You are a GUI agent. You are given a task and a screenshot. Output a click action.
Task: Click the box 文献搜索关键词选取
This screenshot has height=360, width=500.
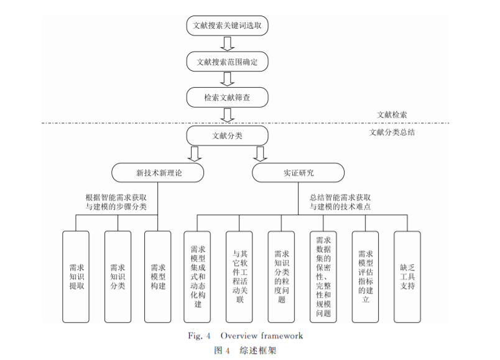(228, 27)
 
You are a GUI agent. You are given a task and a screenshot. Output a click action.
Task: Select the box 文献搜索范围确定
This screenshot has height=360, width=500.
(228, 62)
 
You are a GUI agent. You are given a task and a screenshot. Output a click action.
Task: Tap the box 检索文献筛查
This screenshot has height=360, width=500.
(228, 98)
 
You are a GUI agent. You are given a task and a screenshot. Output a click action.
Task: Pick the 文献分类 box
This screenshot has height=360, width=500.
(228, 135)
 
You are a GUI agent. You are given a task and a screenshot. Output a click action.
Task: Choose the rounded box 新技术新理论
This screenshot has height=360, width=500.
(158, 172)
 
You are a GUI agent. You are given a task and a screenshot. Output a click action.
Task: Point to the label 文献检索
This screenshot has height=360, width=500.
(396, 115)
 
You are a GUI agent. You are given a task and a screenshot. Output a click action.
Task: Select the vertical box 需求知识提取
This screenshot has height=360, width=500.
(76, 277)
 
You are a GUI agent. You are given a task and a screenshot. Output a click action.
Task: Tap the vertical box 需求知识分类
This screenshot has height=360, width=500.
(118, 277)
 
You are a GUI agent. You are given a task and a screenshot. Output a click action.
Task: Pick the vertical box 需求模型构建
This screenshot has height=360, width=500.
(158, 277)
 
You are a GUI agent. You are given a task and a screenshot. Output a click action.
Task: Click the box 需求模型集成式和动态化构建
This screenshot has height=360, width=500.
(198, 277)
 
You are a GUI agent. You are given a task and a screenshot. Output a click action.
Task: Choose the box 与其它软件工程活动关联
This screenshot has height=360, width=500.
(239, 277)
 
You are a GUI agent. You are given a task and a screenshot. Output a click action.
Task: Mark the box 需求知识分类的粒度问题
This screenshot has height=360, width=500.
(281, 277)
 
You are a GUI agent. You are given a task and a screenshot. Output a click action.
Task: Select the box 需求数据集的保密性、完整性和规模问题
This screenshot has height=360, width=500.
(323, 277)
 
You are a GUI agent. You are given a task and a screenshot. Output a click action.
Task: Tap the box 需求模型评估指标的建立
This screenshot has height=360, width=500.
(365, 277)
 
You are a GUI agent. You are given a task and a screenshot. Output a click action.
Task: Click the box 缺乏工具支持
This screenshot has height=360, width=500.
(407, 277)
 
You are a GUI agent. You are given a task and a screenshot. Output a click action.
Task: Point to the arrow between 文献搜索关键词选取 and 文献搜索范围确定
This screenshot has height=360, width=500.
(228, 44)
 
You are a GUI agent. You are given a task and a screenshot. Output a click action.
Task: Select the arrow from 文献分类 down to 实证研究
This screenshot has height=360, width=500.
(260, 154)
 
